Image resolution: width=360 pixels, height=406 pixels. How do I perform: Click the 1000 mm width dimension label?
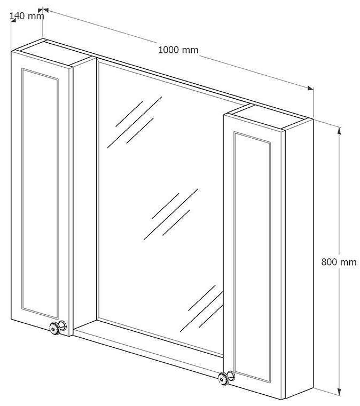point(178,50)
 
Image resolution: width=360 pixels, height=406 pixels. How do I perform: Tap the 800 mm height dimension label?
point(339,262)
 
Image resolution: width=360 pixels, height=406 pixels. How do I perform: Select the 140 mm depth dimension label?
point(27,16)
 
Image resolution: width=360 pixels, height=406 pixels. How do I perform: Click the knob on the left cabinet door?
point(58,328)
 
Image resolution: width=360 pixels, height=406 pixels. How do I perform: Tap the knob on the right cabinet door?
point(226,378)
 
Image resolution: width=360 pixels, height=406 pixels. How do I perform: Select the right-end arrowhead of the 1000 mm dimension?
point(310,88)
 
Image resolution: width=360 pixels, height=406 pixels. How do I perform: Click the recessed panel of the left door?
point(40,194)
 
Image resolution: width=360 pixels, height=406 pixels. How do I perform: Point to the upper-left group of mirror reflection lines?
point(135,122)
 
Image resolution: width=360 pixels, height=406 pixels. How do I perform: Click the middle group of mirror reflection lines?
point(171,214)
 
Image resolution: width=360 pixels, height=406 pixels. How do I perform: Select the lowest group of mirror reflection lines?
point(202,308)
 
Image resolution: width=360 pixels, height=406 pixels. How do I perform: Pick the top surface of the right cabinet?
point(268,116)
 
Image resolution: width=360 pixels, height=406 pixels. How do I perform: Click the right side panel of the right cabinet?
point(299,258)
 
